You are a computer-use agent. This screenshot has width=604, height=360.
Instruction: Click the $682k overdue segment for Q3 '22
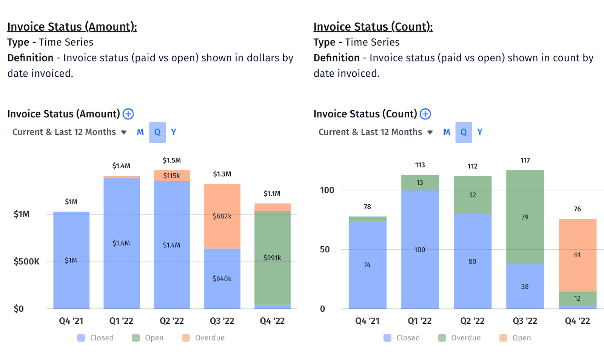222,216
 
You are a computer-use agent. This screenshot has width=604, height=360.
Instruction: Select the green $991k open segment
272,258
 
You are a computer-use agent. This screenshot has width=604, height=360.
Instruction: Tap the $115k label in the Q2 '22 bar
171,176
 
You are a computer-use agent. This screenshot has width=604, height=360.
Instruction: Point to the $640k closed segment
222,279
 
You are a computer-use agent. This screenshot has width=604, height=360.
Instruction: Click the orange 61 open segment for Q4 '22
577,255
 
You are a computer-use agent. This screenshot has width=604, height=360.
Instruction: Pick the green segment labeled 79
525,217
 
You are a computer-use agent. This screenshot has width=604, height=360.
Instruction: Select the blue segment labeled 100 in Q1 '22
420,250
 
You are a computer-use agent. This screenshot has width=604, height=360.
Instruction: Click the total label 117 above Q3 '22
525,161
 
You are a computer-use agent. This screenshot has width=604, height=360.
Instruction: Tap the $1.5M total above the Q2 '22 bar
171,161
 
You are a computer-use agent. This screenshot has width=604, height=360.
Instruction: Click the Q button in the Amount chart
157,132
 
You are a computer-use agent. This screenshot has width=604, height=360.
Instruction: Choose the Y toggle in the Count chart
480,132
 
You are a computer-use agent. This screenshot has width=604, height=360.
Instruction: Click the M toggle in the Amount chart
140,132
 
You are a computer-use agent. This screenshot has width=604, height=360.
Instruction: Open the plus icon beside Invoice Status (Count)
425,114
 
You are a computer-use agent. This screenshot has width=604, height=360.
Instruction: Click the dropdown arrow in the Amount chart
124,132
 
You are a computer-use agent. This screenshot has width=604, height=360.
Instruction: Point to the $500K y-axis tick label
26,261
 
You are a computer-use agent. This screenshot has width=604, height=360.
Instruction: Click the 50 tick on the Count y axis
325,250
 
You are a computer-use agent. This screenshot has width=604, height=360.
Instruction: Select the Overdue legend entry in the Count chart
460,338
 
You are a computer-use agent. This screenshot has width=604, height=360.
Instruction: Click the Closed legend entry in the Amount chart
96,338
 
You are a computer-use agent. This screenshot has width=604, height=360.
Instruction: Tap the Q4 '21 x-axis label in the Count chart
367,321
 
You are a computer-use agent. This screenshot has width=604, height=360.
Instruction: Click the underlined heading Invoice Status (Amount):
72,27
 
